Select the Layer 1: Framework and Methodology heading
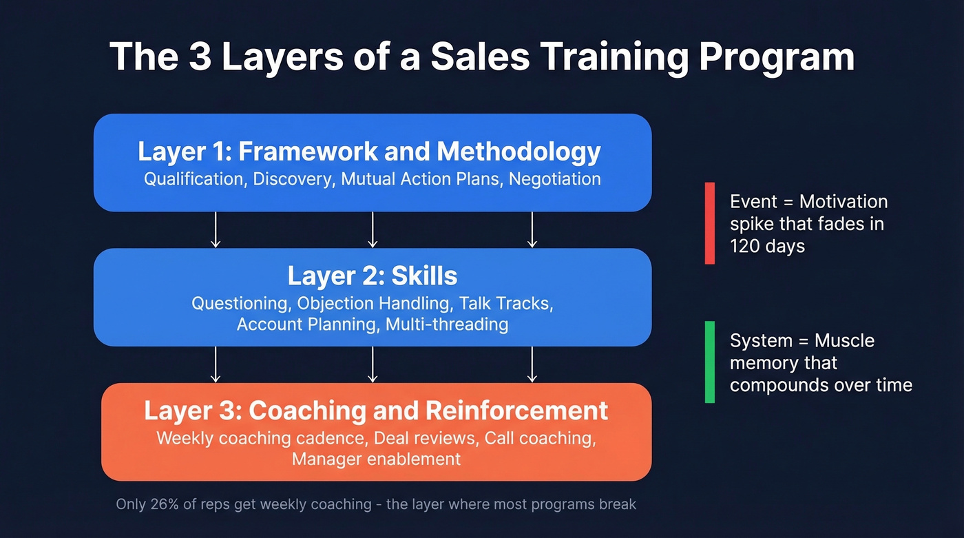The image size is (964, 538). coord(369,152)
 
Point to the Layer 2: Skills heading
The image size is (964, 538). coord(372,276)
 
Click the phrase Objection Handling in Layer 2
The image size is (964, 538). coord(377,304)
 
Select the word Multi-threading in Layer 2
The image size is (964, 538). coord(447,324)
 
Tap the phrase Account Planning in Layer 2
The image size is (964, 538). coord(308,324)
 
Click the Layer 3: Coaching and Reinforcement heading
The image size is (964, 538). coord(375,411)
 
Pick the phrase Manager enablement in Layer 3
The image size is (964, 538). coord(376,459)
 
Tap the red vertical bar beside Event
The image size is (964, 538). coord(709,223)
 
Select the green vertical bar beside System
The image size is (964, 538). coord(709,362)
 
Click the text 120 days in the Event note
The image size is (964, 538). coord(767,246)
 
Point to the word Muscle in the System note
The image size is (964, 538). coord(844,341)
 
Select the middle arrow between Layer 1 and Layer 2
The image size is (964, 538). coord(373,229)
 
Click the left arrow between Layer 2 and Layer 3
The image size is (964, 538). coord(216,364)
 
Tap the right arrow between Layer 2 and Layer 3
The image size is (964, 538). coord(532,364)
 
